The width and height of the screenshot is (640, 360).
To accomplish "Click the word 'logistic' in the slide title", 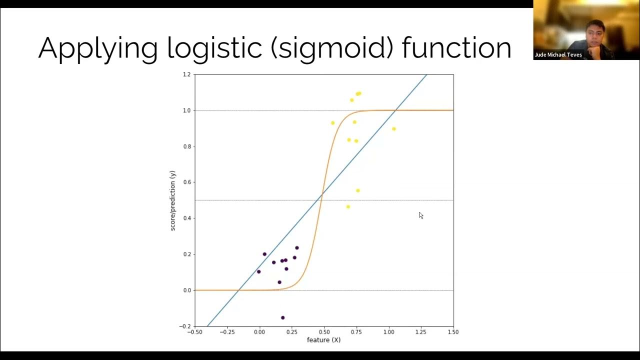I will pos(215,48).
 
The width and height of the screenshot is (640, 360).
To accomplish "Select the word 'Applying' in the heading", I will pos(97,48).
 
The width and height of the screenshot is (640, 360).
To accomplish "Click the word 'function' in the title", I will pos(456,48).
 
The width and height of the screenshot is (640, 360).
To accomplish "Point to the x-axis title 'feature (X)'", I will pos(323,340).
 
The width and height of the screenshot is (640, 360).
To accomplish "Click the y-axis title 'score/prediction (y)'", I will pos(173,200).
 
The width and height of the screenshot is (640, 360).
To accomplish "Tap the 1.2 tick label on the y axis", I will pos(186,74).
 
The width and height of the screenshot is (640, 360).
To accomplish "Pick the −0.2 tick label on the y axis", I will pos(185,326).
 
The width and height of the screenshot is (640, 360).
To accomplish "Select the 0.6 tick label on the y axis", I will pos(186,182).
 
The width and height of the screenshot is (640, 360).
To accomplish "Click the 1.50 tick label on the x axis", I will pos(452,332).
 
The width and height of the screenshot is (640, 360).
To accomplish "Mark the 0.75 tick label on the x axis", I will pos(356,332).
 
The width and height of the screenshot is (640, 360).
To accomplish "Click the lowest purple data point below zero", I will pos(283,317).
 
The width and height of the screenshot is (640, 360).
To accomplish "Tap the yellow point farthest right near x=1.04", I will pos(394,129).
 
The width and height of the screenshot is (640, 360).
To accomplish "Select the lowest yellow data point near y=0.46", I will pos(348,206).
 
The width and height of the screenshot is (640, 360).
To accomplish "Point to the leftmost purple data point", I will pos(258,271).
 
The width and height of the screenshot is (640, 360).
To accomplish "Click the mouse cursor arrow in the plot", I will pos(421,215).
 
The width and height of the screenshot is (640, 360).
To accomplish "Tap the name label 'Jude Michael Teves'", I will pos(558,55).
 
